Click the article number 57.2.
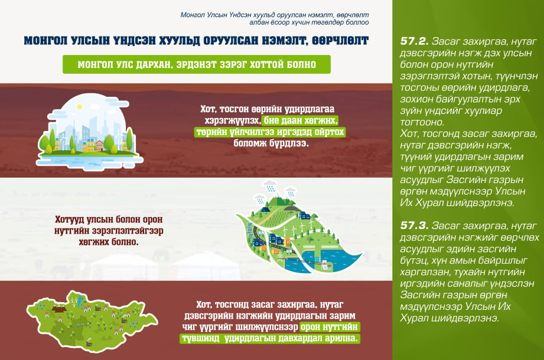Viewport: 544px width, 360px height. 414,41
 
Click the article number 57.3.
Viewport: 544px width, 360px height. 414,225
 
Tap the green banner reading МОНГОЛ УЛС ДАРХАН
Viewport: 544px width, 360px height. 196,64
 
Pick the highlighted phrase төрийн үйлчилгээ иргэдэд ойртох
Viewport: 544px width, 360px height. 270,132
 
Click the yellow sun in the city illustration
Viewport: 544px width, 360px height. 79,107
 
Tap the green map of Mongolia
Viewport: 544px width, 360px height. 92,321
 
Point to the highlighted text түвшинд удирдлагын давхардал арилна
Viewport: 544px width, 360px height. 270,338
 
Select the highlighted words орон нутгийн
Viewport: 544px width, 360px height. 330,327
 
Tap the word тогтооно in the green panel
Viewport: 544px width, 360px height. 422,122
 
